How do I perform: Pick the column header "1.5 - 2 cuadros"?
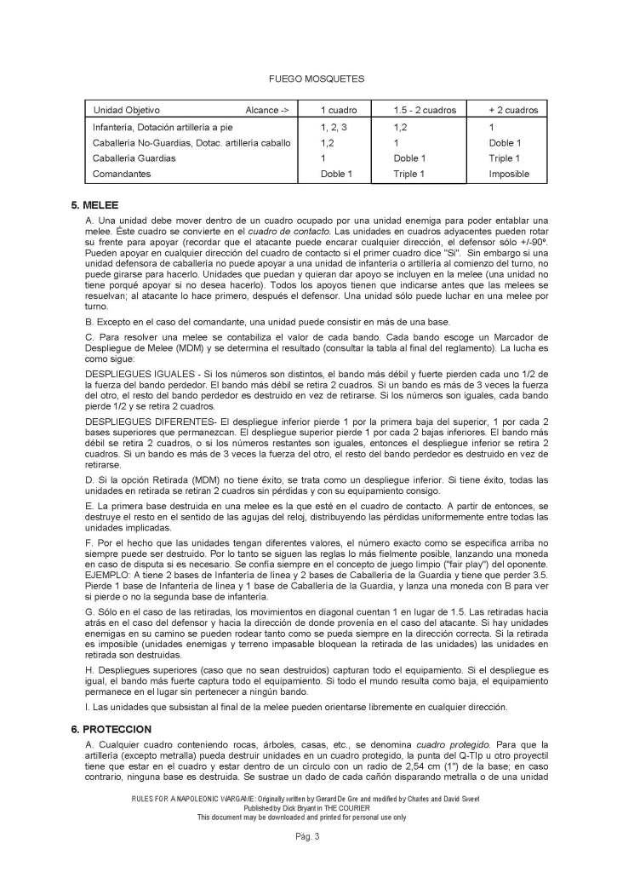(x=425, y=111)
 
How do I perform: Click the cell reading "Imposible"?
(x=509, y=174)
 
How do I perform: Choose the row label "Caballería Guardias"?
(x=134, y=158)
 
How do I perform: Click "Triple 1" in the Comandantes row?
(x=409, y=174)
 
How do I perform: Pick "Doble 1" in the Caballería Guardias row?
(x=410, y=158)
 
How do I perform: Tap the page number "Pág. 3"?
(x=307, y=837)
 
